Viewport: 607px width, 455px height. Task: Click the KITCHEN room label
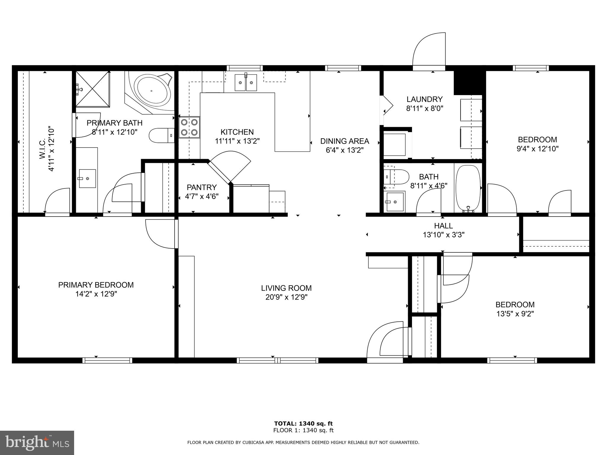[x=237, y=132]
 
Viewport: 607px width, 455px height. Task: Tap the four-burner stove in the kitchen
[x=189, y=127]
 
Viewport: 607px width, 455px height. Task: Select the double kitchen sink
[x=246, y=83]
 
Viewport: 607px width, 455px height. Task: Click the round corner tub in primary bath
[x=152, y=90]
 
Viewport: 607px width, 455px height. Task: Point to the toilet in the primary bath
[x=161, y=135]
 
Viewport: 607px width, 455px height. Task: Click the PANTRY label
[x=202, y=188]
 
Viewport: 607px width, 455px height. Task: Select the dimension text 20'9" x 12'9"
[x=286, y=297]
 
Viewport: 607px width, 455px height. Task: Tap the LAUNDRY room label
[x=424, y=99]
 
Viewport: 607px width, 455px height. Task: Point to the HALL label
[x=443, y=226]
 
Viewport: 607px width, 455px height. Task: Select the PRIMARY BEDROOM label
[x=96, y=285]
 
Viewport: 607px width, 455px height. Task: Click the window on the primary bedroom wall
[x=107, y=360]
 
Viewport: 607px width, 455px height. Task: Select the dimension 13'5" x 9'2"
[x=515, y=314]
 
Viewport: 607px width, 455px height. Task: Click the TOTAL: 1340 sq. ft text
[x=303, y=424]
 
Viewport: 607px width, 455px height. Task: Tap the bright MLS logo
[x=37, y=443]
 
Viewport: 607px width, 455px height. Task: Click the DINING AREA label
[x=344, y=141]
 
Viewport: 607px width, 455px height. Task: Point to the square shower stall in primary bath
[x=92, y=89]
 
